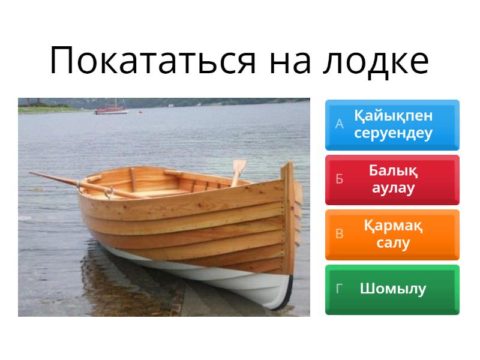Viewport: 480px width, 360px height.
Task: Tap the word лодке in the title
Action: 377,60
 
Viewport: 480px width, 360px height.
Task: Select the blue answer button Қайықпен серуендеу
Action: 392,125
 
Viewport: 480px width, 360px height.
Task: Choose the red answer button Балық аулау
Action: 392,179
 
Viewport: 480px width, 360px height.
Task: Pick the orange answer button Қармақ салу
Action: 392,234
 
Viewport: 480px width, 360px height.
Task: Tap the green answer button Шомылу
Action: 392,289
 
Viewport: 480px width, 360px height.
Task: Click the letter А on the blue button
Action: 340,125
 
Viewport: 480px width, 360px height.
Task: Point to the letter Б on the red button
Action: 340,179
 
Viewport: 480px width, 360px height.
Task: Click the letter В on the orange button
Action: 340,234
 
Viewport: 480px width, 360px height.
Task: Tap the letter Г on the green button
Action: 340,289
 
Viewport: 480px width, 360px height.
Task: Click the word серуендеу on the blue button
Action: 393,134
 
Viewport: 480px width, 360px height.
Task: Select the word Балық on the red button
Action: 393,171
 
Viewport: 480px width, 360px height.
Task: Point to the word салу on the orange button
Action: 393,243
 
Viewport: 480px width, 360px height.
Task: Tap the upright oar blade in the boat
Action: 239,169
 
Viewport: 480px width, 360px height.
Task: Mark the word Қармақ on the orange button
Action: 393,226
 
